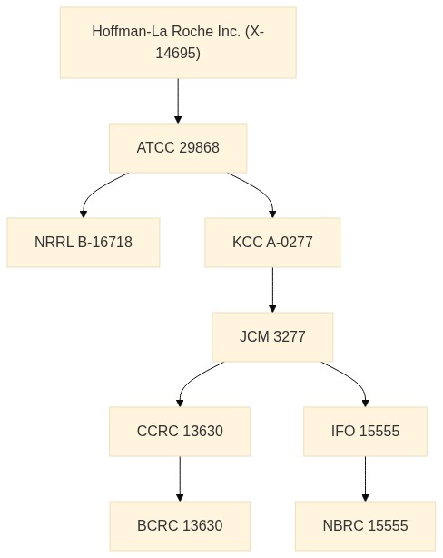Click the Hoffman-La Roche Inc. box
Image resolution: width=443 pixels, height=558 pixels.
point(178,43)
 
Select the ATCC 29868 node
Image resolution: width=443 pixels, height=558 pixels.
point(178,148)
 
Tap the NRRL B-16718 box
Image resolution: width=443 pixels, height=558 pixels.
point(84,243)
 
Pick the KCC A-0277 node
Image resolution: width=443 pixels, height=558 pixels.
point(272,243)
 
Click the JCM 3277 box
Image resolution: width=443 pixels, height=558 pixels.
point(272,336)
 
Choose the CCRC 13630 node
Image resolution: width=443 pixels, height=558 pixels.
point(180,432)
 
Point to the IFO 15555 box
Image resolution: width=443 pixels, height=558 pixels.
point(365,432)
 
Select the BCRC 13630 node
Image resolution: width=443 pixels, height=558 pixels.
point(180,526)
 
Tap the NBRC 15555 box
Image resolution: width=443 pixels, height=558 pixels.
point(365,526)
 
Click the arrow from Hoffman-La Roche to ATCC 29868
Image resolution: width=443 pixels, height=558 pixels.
point(178,101)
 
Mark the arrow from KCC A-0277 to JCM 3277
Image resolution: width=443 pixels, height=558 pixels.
point(272,290)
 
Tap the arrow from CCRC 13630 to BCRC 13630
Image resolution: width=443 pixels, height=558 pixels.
point(180,479)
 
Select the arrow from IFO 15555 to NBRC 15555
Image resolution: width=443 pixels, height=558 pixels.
point(365,479)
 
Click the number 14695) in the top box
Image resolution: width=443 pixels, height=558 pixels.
point(178,53)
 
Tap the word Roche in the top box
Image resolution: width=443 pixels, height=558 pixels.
point(194,31)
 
